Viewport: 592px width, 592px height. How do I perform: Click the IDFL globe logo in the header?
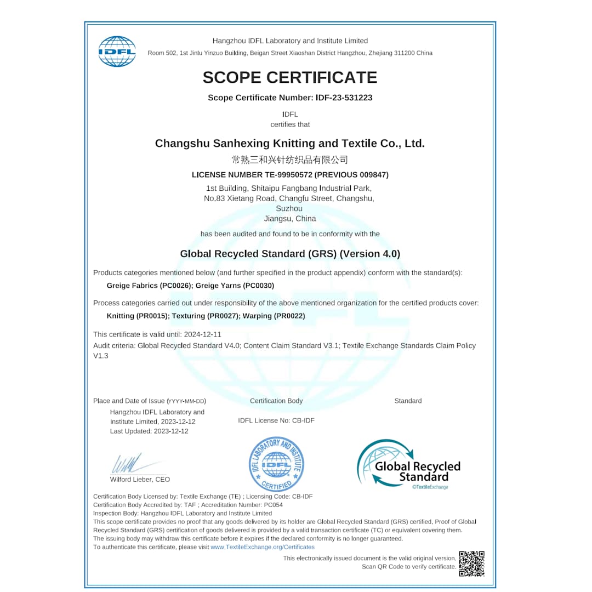point(117,52)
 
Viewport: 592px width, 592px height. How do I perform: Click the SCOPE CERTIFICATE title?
point(290,77)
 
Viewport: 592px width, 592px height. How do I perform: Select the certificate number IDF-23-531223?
point(344,98)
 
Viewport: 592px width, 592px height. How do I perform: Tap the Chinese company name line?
point(290,160)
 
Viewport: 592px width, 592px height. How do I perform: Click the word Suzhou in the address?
point(289,208)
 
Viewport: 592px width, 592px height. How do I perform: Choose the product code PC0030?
point(258,286)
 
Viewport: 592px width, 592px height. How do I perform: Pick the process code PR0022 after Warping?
point(289,316)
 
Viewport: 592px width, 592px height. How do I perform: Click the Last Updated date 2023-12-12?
point(171,431)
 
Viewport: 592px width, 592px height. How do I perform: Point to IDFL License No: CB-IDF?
point(276,420)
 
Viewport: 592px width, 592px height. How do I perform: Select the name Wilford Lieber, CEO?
point(140,479)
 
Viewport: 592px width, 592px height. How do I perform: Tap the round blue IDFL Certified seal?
point(276,464)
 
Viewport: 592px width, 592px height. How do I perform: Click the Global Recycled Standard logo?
point(409,464)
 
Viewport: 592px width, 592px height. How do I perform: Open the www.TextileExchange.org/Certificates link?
point(263,547)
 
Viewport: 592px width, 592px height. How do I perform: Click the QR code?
point(471,563)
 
